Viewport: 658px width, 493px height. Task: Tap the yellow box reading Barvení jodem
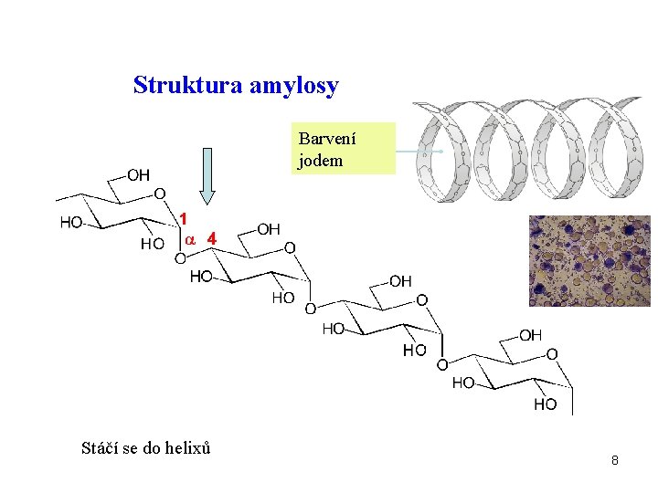point(345,149)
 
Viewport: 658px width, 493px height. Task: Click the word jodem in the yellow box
point(320,161)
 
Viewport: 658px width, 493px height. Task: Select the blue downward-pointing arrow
point(207,174)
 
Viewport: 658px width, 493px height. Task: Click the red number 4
point(212,237)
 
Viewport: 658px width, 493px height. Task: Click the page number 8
point(615,460)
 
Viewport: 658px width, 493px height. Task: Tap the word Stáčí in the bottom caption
point(100,448)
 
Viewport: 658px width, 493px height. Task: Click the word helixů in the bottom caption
point(189,448)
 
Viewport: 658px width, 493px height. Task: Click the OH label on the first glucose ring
point(139,173)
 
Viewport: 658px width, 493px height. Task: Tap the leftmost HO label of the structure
point(71,222)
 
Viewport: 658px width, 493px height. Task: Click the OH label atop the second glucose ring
point(270,228)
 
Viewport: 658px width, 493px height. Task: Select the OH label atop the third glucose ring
point(400,281)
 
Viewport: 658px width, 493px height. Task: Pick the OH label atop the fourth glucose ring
point(530,335)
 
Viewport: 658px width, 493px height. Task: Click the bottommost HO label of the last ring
point(545,404)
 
